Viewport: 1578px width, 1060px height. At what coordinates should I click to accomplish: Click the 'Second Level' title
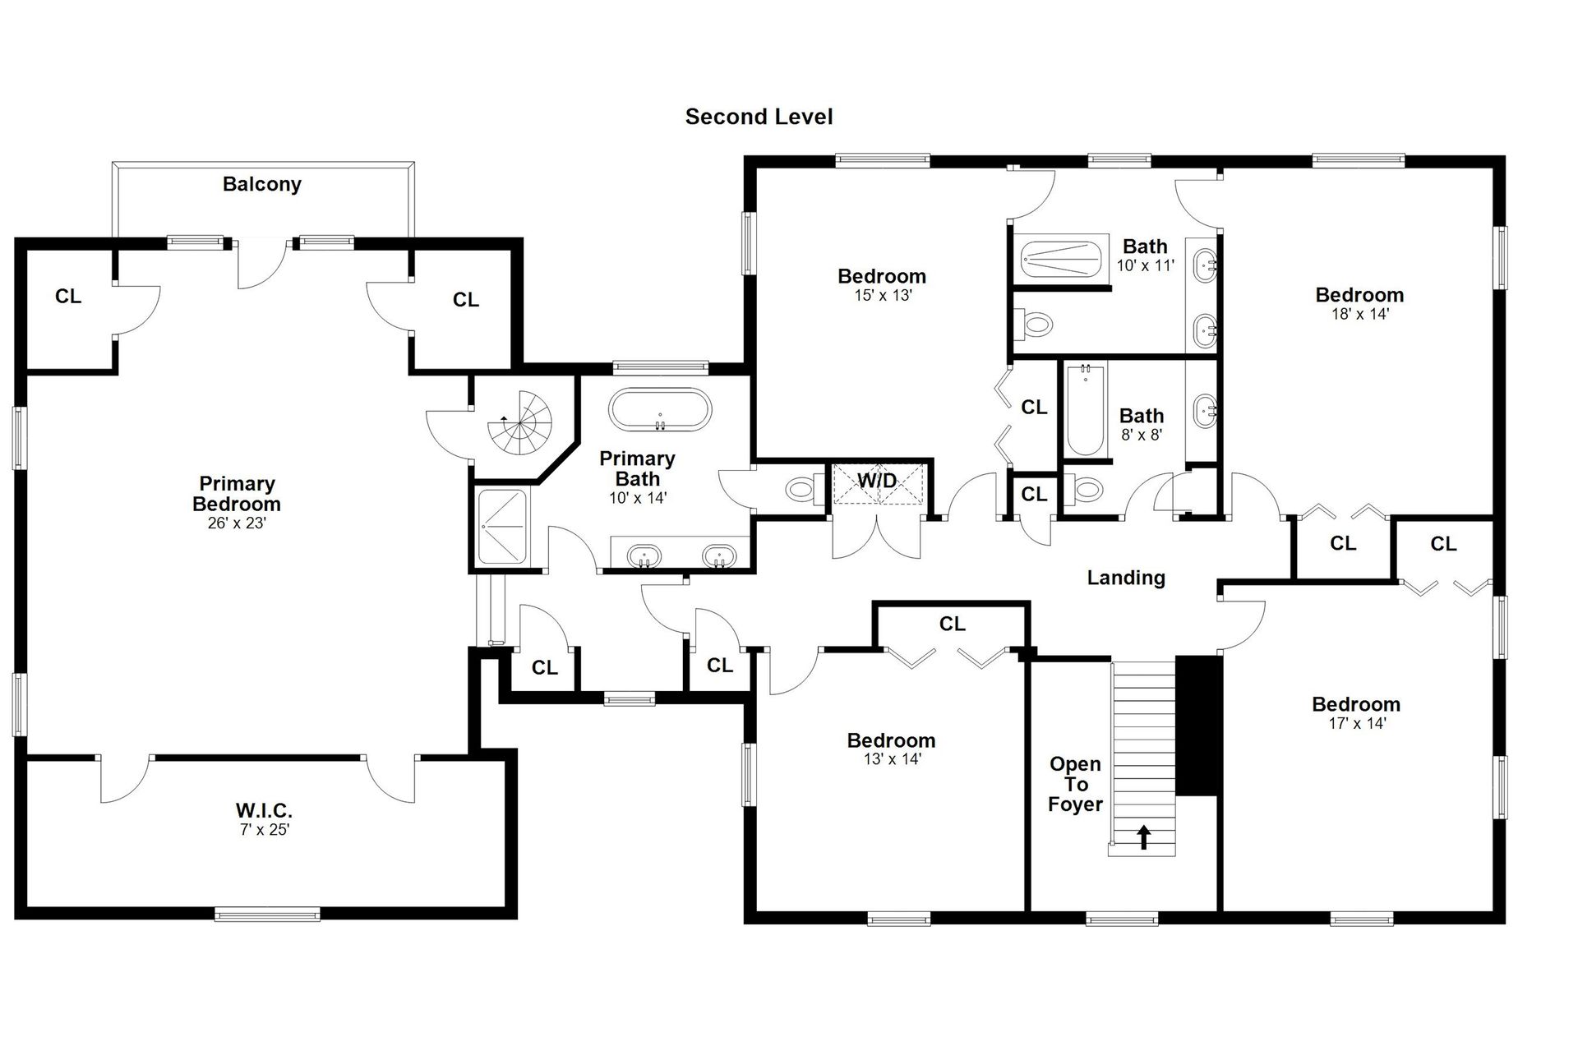pyautogui.click(x=759, y=117)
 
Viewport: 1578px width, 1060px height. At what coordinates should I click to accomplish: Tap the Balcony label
pyautogui.click(x=262, y=184)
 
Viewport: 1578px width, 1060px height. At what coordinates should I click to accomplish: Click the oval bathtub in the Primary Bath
pyautogui.click(x=660, y=408)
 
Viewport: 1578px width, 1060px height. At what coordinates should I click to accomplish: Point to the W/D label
pyautogui.click(x=878, y=480)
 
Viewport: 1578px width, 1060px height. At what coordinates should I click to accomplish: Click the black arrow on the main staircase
pyautogui.click(x=1143, y=836)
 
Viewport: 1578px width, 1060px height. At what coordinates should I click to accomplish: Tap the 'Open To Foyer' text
pyautogui.click(x=1075, y=784)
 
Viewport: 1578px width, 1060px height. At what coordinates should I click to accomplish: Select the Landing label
pyautogui.click(x=1126, y=578)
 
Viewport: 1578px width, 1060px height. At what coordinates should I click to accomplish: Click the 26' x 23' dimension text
pyautogui.click(x=237, y=523)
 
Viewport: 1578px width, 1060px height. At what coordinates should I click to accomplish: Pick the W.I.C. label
pyautogui.click(x=264, y=811)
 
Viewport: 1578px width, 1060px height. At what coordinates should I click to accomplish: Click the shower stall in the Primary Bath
pyautogui.click(x=502, y=528)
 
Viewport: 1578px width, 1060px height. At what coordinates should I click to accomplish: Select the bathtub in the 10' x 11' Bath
pyautogui.click(x=1061, y=260)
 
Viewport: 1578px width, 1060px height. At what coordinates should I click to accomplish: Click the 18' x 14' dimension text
pyautogui.click(x=1360, y=313)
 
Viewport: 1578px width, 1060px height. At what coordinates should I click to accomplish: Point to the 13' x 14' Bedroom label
pyautogui.click(x=892, y=740)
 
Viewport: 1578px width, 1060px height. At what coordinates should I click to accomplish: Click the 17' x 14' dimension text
pyautogui.click(x=1357, y=723)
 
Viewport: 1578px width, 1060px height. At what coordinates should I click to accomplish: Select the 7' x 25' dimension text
pyautogui.click(x=265, y=830)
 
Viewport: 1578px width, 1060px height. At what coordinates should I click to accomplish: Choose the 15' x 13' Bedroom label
pyautogui.click(x=882, y=276)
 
